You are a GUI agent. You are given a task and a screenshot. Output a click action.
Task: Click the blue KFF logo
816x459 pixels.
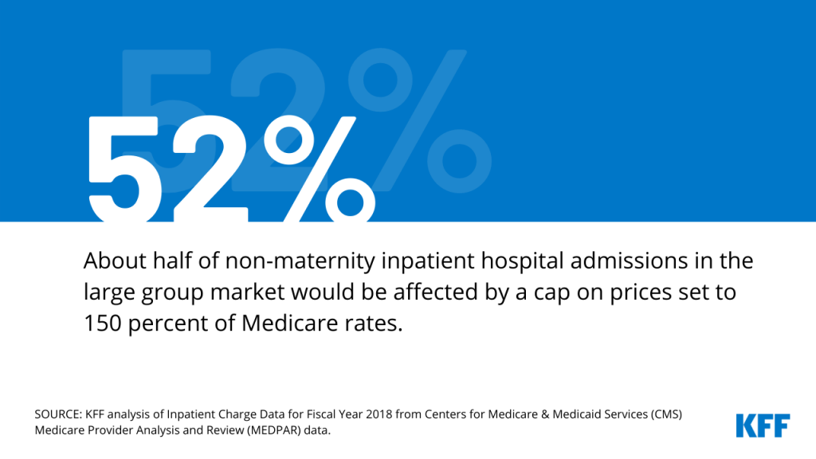763,425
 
